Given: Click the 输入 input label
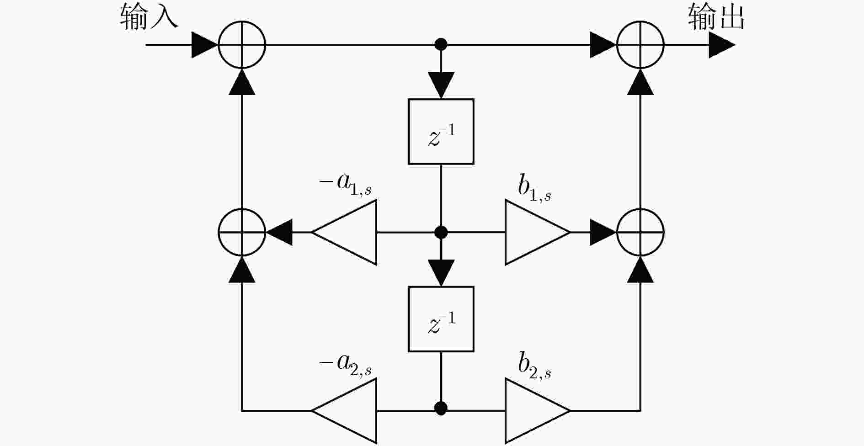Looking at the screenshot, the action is coord(149,17).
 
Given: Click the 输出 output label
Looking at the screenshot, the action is coord(716,17).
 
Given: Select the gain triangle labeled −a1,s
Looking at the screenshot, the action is coord(344,232).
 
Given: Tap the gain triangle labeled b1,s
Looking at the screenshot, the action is coord(538,232).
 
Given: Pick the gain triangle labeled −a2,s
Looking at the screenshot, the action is coord(344,410).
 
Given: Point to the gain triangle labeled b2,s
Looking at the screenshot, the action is coord(538,410).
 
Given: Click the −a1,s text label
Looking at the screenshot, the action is coord(346,185).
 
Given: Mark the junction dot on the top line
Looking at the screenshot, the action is coord(441,44).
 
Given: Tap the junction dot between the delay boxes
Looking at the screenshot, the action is coord(441,232).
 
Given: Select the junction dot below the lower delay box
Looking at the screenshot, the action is coord(441,408).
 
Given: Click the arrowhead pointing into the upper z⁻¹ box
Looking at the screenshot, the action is coord(441,85).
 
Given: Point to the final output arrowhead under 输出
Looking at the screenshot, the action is coord(722,45).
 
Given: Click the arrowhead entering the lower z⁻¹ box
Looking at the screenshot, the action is coord(441,273).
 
